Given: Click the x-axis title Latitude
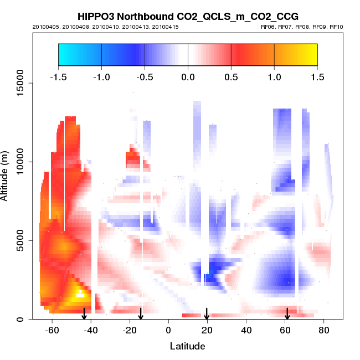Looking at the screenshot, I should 187,346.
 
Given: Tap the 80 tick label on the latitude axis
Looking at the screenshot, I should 323,330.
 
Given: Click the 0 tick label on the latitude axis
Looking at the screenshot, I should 168,330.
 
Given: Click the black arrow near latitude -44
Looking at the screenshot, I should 84,313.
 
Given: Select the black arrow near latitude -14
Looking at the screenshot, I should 141,313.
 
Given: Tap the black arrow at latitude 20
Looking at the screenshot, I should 207,313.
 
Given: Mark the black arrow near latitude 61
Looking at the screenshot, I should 287,313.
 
